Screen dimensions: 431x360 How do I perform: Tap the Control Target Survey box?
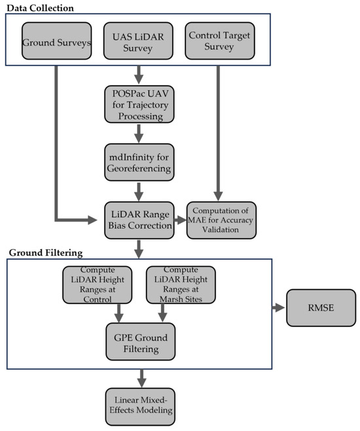click(220, 43)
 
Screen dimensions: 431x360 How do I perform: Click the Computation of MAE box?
click(221, 220)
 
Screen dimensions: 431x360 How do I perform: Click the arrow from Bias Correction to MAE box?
click(179, 220)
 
